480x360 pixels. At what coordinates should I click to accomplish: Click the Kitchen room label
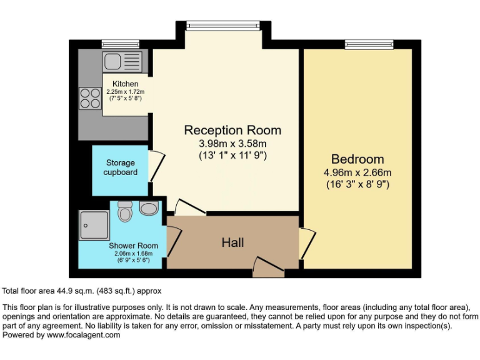pos(125,84)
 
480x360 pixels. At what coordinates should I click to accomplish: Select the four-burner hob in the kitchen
pos(90,99)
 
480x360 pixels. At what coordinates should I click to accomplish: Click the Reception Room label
pos(232,131)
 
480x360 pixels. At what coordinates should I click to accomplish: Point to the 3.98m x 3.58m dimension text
pos(232,144)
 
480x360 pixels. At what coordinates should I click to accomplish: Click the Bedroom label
pos(357,159)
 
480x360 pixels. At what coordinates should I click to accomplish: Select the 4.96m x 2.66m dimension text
pos(357,172)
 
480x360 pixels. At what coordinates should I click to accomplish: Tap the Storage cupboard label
pos(120,167)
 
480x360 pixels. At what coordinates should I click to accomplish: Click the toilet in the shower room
pos(125,212)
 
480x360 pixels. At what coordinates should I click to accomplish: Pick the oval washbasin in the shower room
pos(149,209)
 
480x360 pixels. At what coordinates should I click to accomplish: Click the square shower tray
pos(94,224)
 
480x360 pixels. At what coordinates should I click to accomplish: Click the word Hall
pos(233,242)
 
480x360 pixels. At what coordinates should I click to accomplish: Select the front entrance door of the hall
pos(269,268)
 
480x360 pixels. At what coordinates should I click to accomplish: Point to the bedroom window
pos(369,45)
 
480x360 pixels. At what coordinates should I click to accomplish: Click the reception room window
pos(222,25)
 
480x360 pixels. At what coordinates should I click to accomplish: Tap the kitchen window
pos(120,45)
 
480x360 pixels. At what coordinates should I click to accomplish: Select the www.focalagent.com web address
pos(83,335)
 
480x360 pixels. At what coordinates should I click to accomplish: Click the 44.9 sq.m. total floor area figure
pos(76,291)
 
